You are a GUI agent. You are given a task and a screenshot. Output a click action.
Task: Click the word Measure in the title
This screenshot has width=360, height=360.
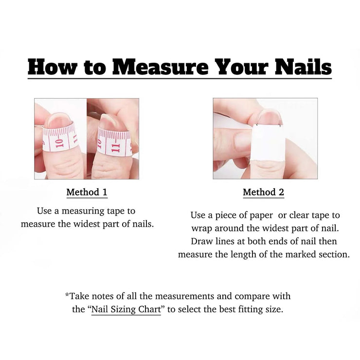[160, 67]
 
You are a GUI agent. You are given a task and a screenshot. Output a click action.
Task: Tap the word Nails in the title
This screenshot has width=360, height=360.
[303, 67]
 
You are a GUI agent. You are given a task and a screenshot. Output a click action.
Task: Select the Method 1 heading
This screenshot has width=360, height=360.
[87, 192]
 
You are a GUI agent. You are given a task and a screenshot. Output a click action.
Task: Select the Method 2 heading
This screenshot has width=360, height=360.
[263, 192]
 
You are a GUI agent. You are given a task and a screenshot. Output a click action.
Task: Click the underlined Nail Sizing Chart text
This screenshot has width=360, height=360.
[126, 309]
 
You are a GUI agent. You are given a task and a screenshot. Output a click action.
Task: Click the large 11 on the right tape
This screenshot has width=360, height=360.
[115, 148]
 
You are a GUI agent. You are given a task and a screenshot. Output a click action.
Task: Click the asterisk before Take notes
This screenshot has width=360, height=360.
[67, 294]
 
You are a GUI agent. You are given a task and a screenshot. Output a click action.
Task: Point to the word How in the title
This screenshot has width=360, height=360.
[52, 67]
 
